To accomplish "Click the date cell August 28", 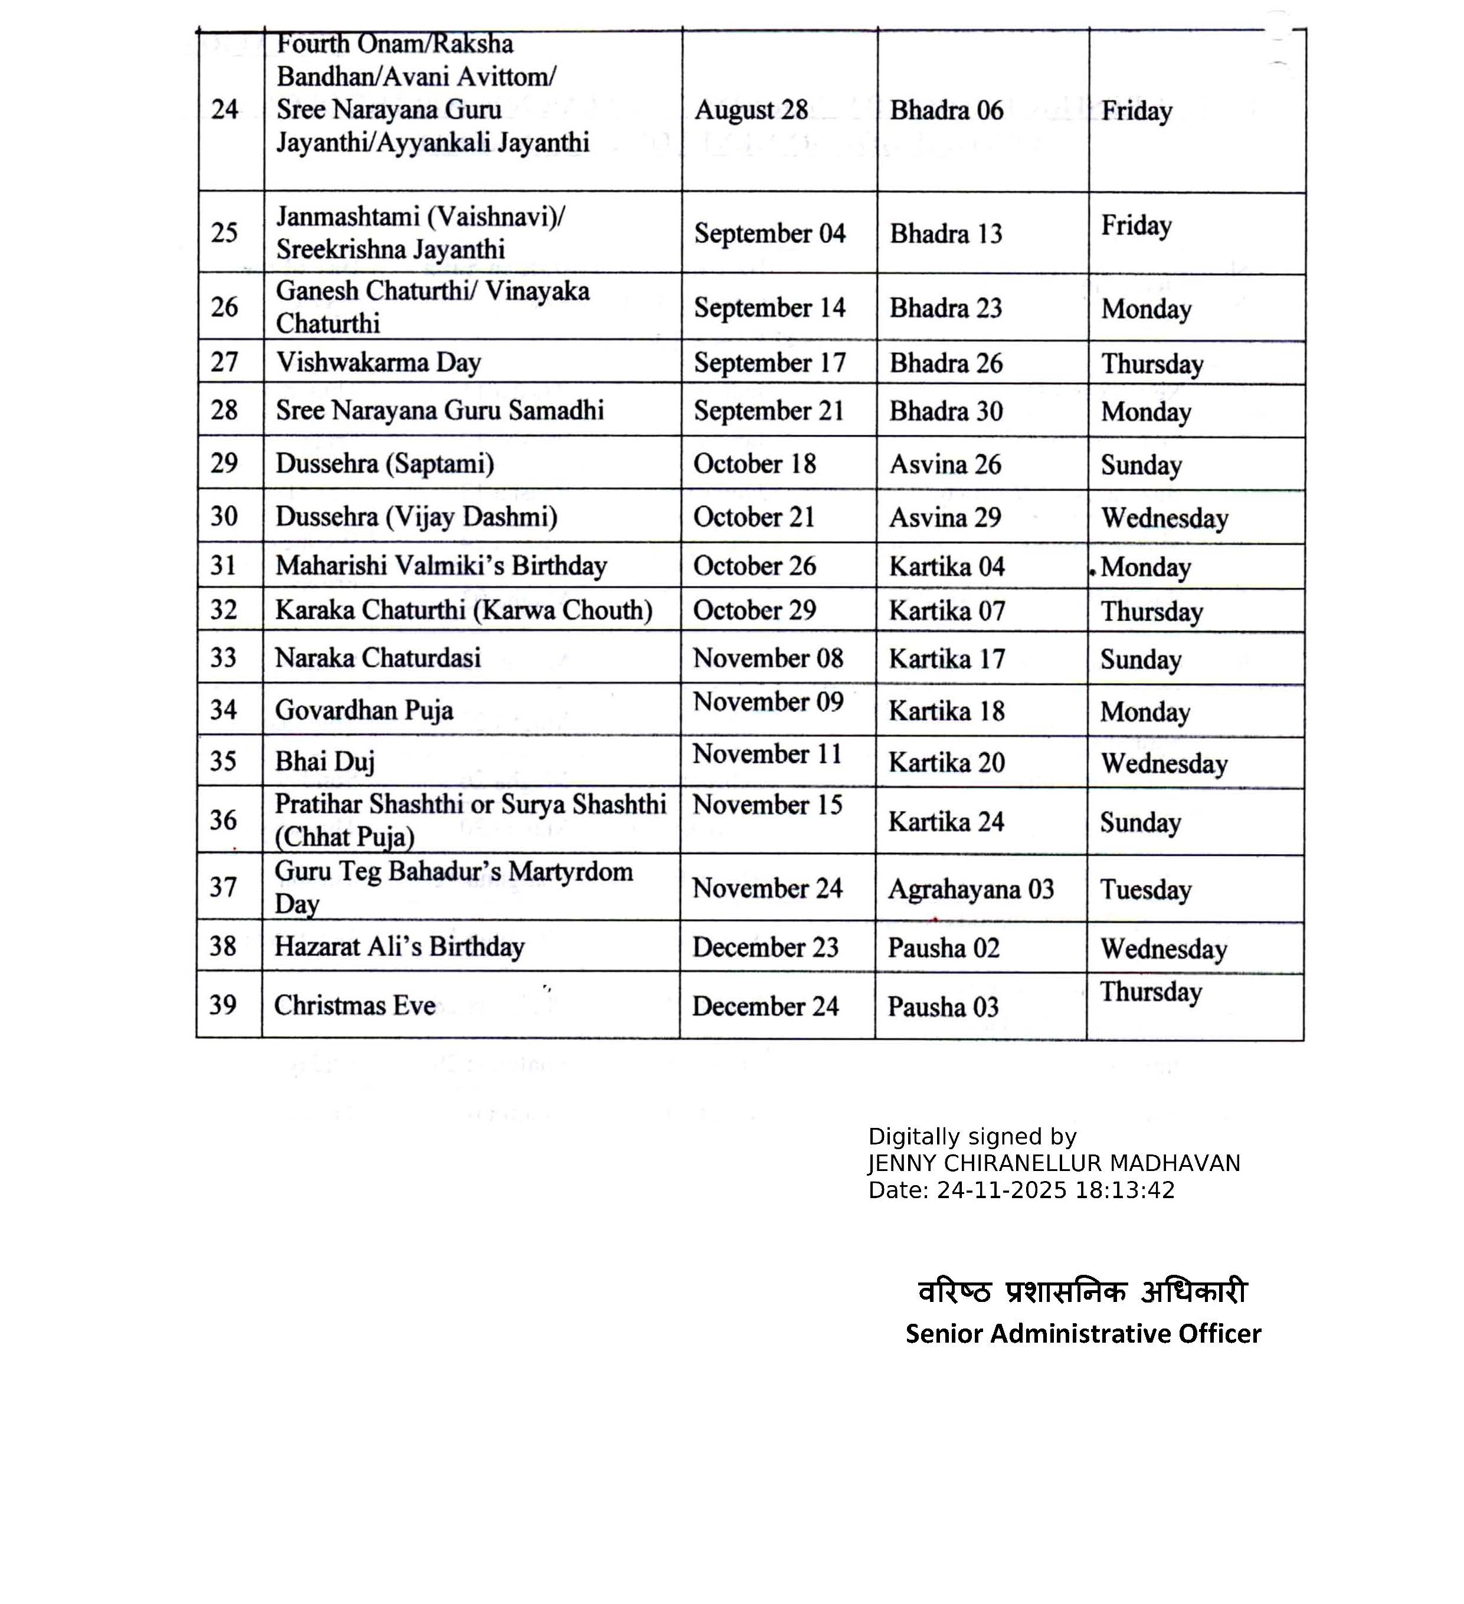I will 751,110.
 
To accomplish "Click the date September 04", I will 769,233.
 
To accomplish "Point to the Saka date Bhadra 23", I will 945,308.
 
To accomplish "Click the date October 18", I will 754,464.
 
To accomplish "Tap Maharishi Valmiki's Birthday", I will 441,566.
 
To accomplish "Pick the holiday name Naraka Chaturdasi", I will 378,658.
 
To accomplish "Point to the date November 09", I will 768,702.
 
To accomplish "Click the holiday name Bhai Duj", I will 325,762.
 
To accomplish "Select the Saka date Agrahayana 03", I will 971,889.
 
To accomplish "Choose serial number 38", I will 223,946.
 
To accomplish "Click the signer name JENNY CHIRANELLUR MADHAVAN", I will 1053,1164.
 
